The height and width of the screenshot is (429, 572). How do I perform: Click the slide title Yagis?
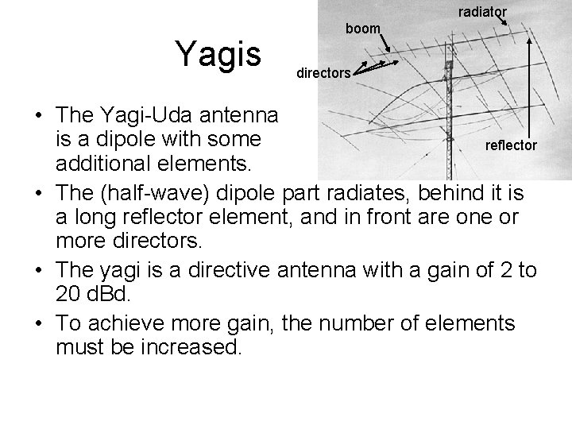[219, 55]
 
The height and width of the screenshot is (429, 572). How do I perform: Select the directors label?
[323, 73]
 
